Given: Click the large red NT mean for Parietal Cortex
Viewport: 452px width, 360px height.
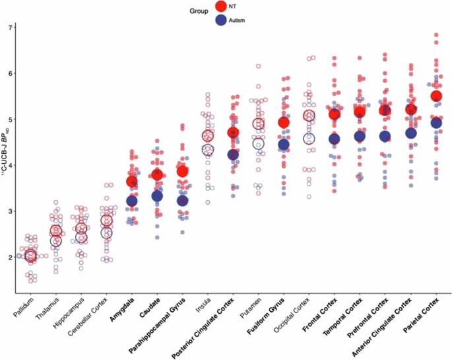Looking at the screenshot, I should click(x=436, y=96).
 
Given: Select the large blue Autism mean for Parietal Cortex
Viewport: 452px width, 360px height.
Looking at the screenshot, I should click(x=436, y=123).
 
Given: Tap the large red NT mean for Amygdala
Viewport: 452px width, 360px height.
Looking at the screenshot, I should click(x=132, y=181).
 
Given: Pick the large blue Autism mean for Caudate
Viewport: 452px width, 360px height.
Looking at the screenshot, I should click(x=157, y=196).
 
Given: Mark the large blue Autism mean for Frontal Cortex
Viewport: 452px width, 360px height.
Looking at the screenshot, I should click(x=335, y=139).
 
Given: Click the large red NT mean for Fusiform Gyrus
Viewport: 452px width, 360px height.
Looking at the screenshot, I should click(x=284, y=122).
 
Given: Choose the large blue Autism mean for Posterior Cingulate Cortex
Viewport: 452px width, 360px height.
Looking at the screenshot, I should click(x=233, y=155).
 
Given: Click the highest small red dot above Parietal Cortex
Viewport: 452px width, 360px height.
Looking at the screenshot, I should click(x=436, y=34).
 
